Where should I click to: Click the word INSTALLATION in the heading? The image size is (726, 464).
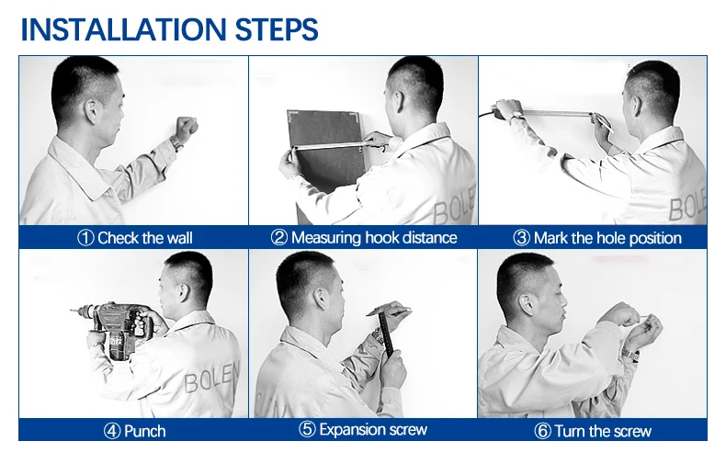(123, 29)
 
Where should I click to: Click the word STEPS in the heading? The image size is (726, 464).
(277, 29)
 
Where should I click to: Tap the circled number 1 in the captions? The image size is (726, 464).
(85, 238)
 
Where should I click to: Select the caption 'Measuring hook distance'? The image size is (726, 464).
(374, 238)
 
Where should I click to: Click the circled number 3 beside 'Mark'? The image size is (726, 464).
(521, 238)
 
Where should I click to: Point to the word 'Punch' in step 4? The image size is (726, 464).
(145, 431)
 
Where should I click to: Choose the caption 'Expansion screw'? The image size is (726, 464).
(373, 429)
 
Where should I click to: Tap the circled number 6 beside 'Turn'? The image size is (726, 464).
(542, 431)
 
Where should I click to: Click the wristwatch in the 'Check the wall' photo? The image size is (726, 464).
(176, 141)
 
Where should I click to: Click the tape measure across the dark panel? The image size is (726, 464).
(330, 145)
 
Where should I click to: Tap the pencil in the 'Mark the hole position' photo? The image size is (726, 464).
(603, 122)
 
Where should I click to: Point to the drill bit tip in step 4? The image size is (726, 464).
(72, 311)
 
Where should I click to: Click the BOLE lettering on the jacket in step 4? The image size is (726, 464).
(211, 377)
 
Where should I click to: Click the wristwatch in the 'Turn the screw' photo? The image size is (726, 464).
(630, 355)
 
